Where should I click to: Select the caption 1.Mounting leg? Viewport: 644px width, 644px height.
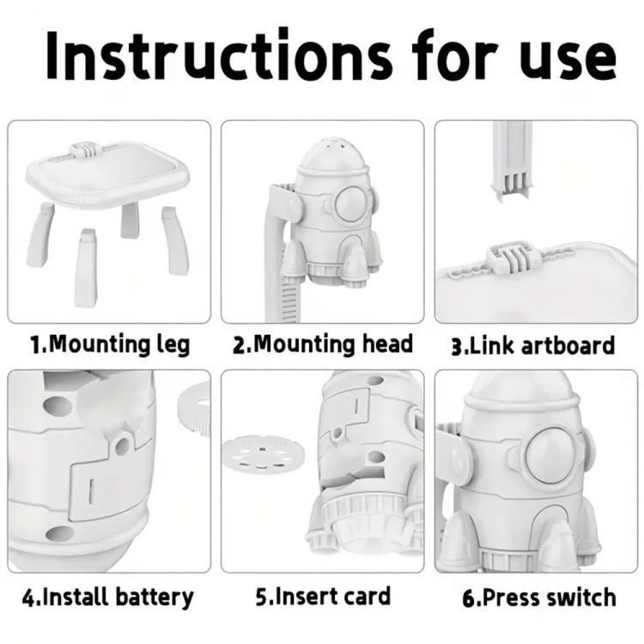point(111,344)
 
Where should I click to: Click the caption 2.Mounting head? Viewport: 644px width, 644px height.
point(323,344)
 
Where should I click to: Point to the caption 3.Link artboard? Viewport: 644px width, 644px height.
point(532,345)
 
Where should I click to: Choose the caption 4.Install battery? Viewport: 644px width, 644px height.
point(107,597)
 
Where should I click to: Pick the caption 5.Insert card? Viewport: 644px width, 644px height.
point(323,597)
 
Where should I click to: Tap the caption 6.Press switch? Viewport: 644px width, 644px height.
point(539,598)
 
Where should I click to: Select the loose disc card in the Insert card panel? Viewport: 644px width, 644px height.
point(264,454)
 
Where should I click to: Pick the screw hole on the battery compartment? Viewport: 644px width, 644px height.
point(122,447)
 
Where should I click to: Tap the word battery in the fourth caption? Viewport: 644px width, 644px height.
point(154,598)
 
